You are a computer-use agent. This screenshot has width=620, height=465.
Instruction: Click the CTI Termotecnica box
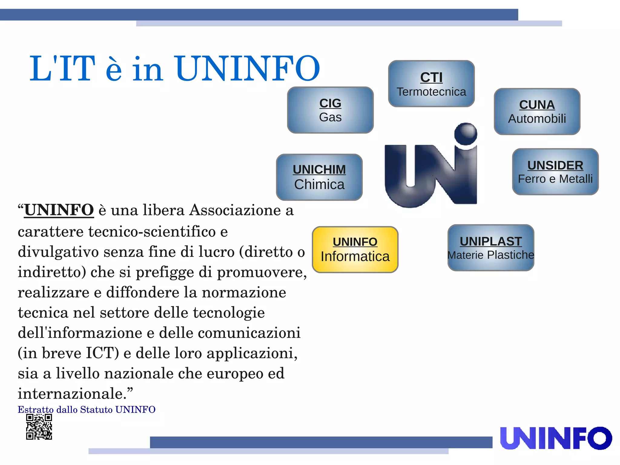[431, 84]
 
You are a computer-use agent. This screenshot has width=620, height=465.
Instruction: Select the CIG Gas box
[330, 110]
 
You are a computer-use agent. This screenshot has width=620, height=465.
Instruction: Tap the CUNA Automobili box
[537, 111]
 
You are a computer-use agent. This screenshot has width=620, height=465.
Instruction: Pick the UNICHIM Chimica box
[319, 177]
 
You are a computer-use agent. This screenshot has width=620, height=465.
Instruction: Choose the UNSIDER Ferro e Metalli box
[555, 172]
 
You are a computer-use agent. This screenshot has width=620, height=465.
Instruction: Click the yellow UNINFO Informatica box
[355, 250]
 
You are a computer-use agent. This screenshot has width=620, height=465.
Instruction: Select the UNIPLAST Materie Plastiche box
[490, 248]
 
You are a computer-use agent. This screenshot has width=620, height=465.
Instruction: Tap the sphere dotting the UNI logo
[466, 134]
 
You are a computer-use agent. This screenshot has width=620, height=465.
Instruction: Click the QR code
[39, 427]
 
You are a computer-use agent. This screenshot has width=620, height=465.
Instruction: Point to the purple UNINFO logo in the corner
[556, 438]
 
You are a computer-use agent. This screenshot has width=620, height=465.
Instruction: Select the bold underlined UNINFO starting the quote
[59, 210]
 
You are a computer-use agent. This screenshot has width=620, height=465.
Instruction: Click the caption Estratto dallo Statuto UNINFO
[87, 410]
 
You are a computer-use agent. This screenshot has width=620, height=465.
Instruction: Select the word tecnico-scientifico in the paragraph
[152, 232]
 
